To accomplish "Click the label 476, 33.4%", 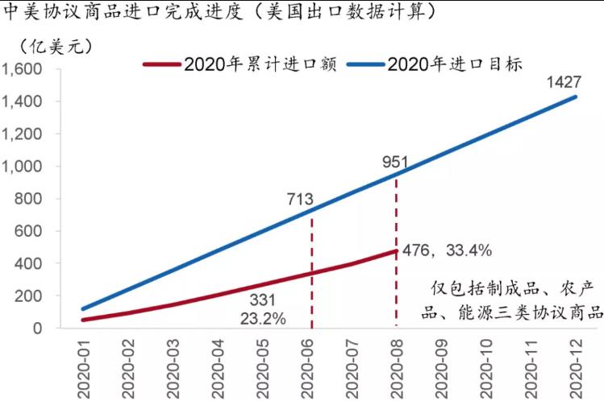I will coord(448,251).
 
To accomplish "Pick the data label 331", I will coord(263,300).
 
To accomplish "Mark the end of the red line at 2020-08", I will coord(396,250).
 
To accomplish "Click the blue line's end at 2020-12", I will coord(577,97).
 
